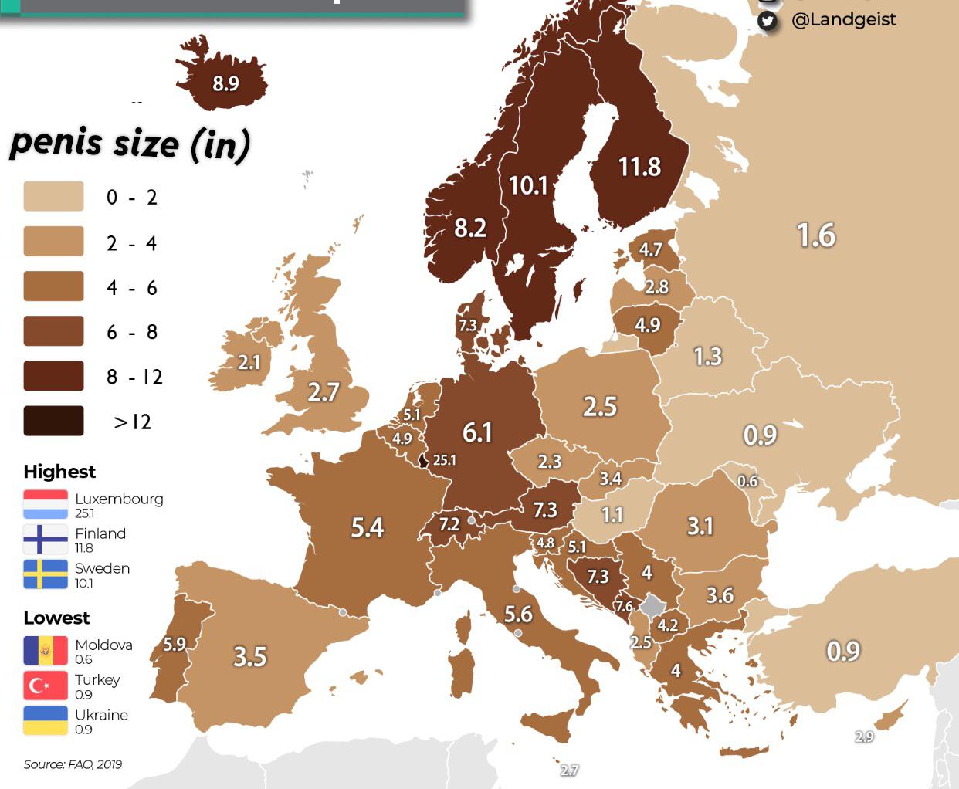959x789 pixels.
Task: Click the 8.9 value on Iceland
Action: tap(225, 83)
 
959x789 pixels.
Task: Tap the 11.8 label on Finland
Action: tap(639, 167)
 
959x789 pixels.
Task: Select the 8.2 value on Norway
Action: tap(470, 228)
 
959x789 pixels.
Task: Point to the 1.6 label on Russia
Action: tap(815, 235)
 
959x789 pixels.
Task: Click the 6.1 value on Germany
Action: tap(477, 432)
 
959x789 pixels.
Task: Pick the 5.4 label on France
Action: tap(367, 527)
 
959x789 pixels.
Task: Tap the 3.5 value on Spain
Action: tap(249, 657)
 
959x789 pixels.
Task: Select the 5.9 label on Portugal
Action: tap(175, 644)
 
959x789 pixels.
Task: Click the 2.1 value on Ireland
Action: tap(249, 362)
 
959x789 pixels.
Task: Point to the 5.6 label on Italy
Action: tap(518, 615)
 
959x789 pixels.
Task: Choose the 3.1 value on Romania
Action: tap(700, 527)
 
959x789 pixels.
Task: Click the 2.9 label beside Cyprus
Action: tap(864, 737)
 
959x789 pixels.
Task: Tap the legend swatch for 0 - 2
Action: tap(53, 197)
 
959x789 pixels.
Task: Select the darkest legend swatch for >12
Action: tap(53, 421)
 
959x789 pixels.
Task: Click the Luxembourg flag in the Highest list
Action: tap(46, 504)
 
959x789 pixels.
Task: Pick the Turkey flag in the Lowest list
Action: tap(46, 686)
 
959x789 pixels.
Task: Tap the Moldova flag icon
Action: tap(46, 651)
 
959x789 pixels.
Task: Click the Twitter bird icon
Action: tap(767, 20)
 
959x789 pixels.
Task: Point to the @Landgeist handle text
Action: tap(843, 19)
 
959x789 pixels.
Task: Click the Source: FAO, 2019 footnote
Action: tap(73, 764)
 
